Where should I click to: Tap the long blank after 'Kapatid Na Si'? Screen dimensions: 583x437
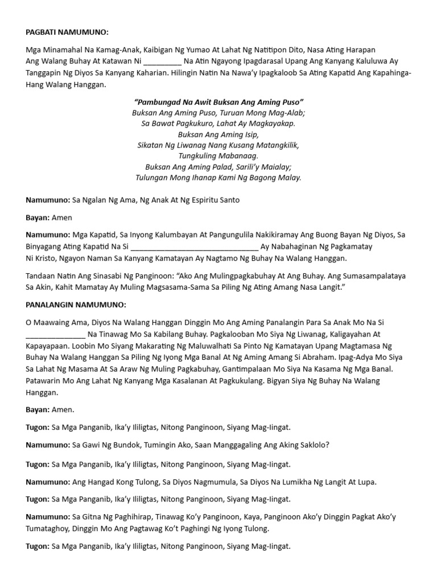[x=194, y=247]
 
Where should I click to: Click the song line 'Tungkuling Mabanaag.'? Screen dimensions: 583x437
[x=218, y=156]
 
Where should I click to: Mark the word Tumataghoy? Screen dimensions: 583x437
[x=48, y=528]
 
